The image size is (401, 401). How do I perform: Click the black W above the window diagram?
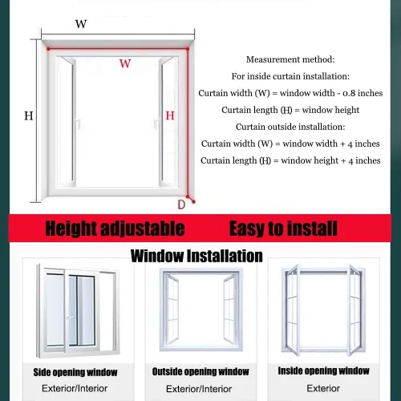coord(81,24)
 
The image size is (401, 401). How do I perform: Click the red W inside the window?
coord(125,63)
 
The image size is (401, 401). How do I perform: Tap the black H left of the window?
coord(29,115)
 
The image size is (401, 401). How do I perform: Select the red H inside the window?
coord(170,115)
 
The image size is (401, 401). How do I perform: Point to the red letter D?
coord(181,205)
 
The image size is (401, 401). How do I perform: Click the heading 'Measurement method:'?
coord(290,59)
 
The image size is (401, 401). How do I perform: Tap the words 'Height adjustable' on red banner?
coord(115,229)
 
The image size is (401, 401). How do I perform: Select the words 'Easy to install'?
coord(283,229)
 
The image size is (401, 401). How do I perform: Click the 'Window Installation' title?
coord(196,256)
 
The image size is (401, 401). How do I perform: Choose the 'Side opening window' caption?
coord(75,372)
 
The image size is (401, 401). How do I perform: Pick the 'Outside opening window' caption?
coord(200,371)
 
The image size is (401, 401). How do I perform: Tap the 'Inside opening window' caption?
coord(324,371)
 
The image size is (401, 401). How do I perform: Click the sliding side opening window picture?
coord(78,311)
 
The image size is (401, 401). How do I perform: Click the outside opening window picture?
coord(201,310)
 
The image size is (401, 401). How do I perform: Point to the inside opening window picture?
coord(323,310)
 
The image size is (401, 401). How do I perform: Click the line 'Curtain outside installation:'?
coord(290,127)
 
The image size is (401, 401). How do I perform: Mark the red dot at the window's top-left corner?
coord(48,49)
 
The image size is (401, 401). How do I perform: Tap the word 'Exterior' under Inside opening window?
coord(323,388)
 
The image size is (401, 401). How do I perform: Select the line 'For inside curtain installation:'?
coord(290,76)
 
